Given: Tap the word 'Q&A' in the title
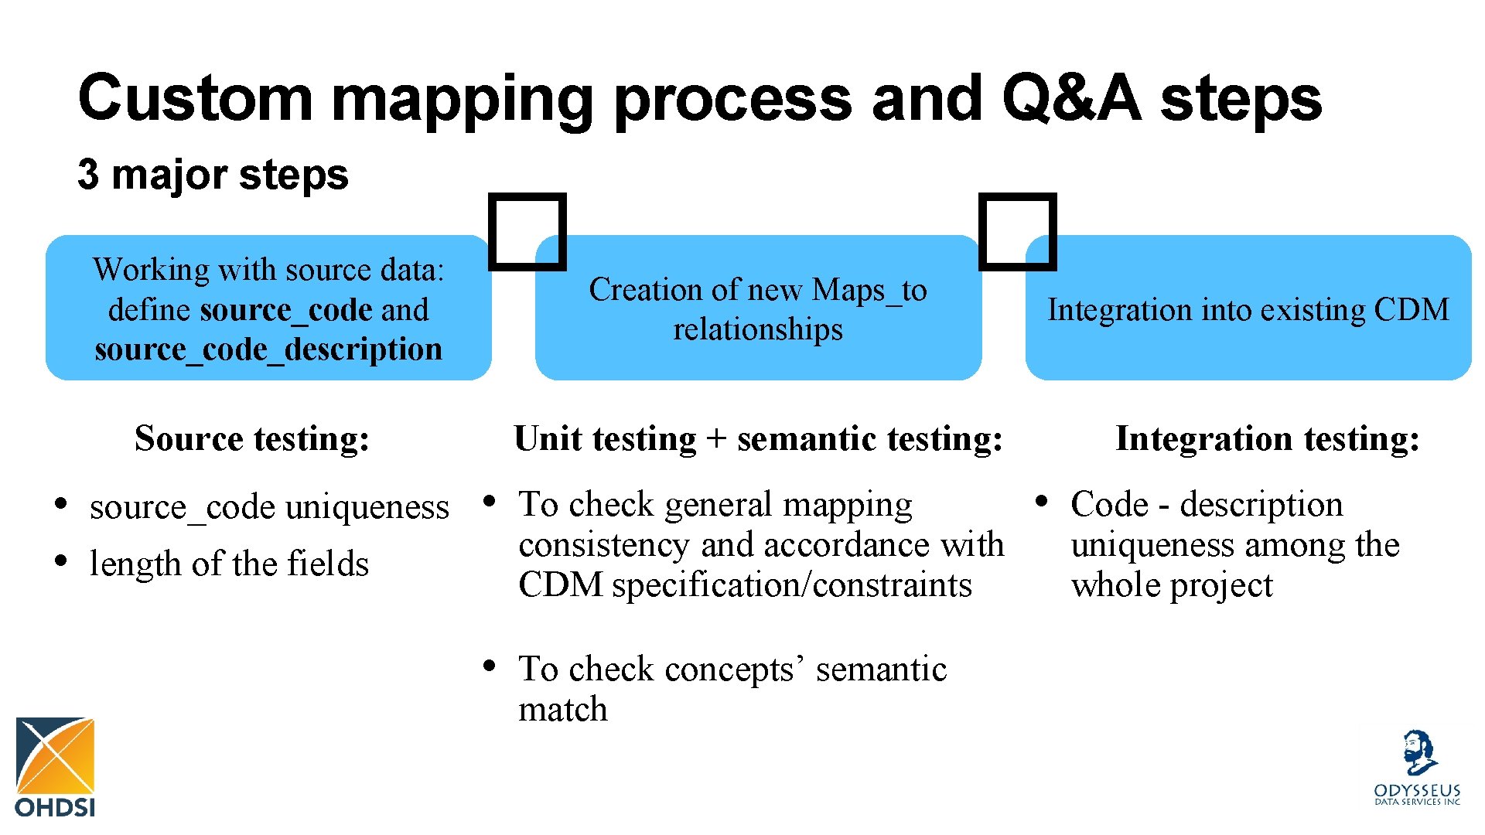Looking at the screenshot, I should click(1071, 98).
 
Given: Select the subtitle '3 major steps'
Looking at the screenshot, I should click(213, 175).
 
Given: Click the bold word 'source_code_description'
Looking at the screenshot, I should click(268, 349).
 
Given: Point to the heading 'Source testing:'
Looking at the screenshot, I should click(252, 438).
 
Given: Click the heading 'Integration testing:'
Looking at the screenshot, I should click(1268, 438).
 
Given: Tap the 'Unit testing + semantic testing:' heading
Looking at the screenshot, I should click(758, 438).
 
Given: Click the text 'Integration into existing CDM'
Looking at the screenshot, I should click(1248, 309).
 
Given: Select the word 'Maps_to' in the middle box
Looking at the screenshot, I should click(869, 291).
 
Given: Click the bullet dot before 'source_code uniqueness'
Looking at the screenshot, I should click(60, 505).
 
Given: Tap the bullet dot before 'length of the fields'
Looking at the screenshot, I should click(60, 561).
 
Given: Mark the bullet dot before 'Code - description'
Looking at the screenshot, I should click(1042, 502).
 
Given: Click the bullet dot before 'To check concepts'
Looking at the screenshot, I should click(490, 666).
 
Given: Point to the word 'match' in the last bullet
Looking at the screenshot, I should click(563, 709).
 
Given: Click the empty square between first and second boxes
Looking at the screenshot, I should click(528, 232).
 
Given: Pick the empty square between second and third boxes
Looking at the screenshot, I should click(1018, 232).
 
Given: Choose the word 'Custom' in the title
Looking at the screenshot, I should click(195, 98).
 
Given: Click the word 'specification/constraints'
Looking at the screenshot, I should click(792, 585).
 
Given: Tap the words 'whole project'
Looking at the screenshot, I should click(1171, 585).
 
